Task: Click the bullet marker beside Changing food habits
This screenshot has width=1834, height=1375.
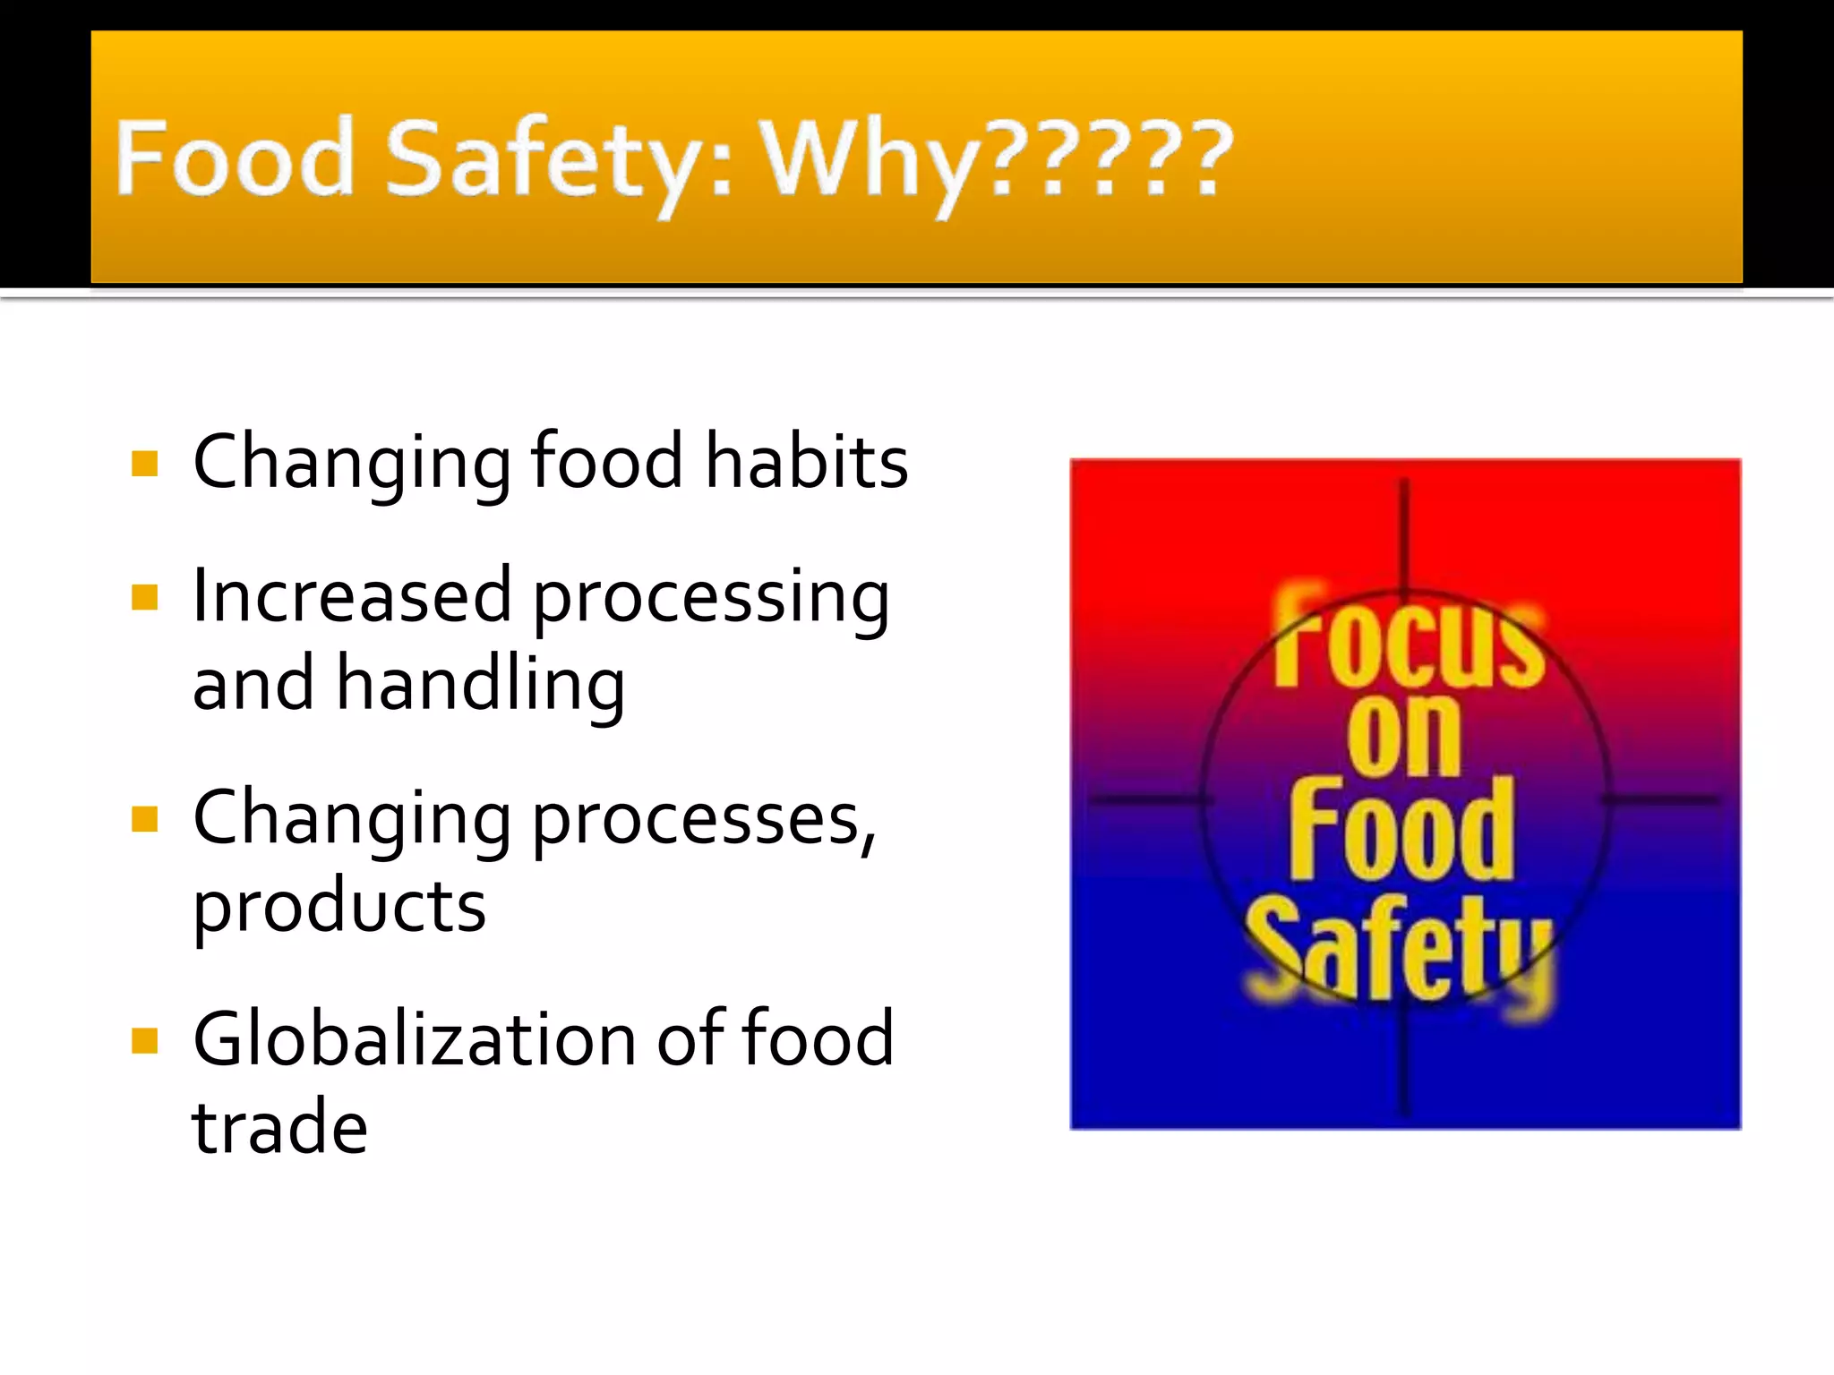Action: [x=144, y=464]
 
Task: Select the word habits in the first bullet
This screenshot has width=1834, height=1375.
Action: [x=806, y=462]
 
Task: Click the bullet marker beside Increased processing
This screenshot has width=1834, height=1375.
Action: [x=144, y=597]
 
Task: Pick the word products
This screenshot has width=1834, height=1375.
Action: [x=339, y=907]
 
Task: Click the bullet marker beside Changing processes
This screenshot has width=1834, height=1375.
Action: [x=144, y=818]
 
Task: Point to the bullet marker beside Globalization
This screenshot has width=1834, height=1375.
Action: [x=144, y=1040]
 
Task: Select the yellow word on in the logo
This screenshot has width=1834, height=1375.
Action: [x=1403, y=736]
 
